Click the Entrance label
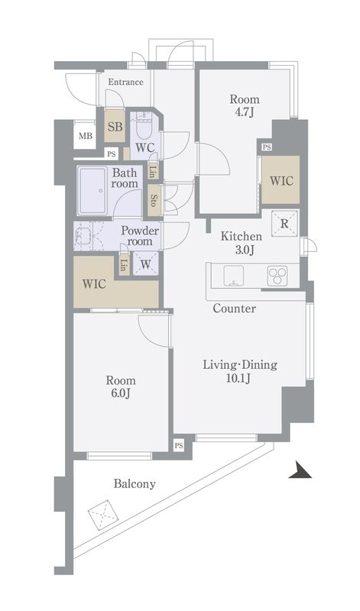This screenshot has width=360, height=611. click(x=125, y=82)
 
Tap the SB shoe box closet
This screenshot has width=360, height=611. click(x=115, y=126)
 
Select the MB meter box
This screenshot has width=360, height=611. click(x=86, y=136)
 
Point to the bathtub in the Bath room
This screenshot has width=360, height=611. click(x=92, y=191)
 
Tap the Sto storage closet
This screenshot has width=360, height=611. click(x=154, y=199)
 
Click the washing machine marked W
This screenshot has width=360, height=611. click(x=145, y=264)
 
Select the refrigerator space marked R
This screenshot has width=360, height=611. click(x=284, y=224)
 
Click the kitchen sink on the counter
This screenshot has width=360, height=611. click(x=233, y=276)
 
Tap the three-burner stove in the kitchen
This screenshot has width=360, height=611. click(x=277, y=276)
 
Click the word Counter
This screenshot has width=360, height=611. click(x=235, y=309)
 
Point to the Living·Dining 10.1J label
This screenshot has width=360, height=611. click(x=240, y=371)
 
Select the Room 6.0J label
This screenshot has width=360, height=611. click(x=121, y=387)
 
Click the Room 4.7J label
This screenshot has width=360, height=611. click(x=244, y=105)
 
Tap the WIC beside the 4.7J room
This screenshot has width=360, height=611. click(x=281, y=180)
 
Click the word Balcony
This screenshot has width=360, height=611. click(x=135, y=484)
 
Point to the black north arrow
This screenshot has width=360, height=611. click(x=300, y=470)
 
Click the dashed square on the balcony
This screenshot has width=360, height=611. click(x=103, y=514)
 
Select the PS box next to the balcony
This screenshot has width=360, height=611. click(x=179, y=446)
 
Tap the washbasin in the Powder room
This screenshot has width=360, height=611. click(x=83, y=236)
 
